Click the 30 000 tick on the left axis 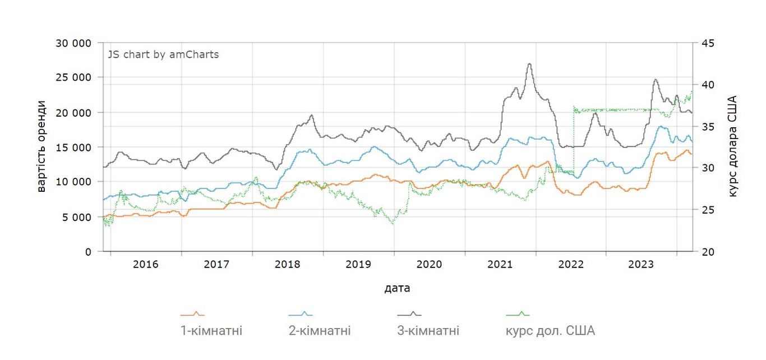click(73, 43)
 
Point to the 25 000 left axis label click(73, 77)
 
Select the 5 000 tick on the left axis click(76, 217)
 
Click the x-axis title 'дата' click(397, 289)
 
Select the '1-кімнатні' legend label click(211, 331)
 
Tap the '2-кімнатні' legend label click(320, 331)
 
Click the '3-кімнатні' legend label click(428, 331)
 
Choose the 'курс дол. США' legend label click(550, 331)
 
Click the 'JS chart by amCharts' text click(163, 55)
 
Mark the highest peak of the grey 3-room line click(529, 64)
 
